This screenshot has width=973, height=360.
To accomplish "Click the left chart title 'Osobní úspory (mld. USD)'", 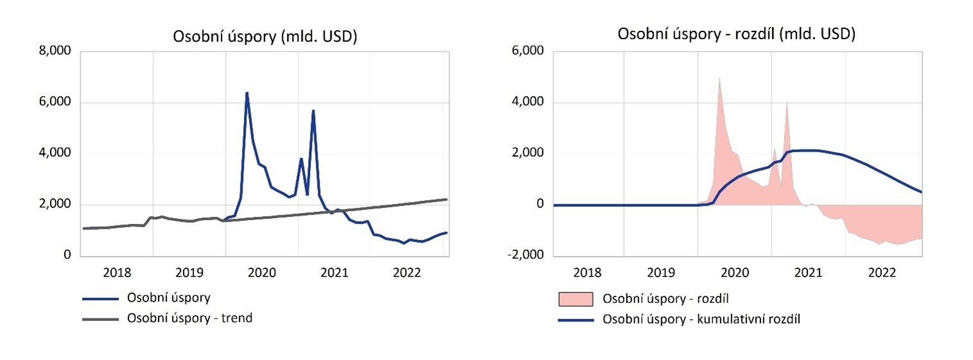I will coord(265,37).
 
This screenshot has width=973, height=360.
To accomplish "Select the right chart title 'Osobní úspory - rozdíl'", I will coord(736,35).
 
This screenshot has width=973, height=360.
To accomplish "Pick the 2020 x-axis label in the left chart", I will coord(262,272).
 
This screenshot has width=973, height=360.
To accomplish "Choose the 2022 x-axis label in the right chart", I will coord(882,272).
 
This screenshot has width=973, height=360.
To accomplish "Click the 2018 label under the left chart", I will coord(116,272).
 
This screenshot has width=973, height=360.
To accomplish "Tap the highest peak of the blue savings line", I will coord(246,92).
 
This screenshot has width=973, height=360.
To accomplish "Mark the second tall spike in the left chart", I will coord(313,110).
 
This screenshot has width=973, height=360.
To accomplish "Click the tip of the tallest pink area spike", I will coord(719,78).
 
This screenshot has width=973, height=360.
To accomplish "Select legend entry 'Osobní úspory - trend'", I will coord(190,318).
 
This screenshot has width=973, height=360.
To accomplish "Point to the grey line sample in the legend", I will coord(101,318).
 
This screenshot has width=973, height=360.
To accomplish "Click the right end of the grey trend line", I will coord(447,200).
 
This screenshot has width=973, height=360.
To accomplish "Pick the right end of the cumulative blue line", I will coord(922,192).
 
